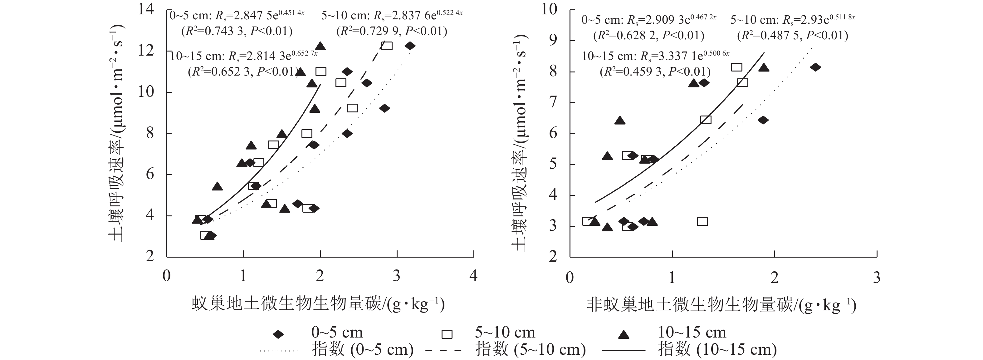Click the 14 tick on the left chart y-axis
click(x=146, y=9)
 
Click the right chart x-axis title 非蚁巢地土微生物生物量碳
click(x=721, y=306)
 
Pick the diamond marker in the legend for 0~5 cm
click(x=279, y=334)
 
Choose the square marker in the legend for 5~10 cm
click(x=447, y=334)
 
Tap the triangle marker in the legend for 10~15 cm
click(x=624, y=335)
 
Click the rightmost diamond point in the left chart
click(x=410, y=46)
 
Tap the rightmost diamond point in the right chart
click(x=815, y=67)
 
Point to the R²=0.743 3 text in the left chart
click(x=237, y=31)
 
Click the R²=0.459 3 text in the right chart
click(x=655, y=72)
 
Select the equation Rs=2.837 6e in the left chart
click(x=392, y=16)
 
